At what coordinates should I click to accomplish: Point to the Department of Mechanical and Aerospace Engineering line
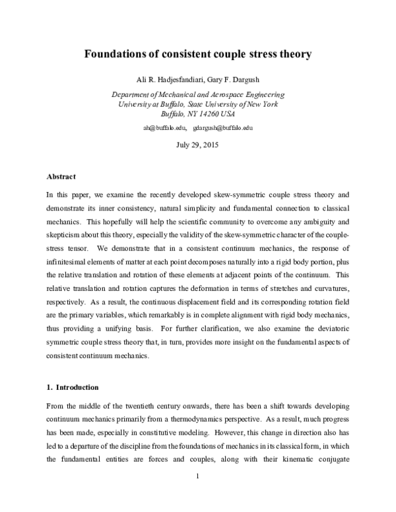(x=197, y=95)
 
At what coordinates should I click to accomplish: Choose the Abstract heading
(x=61, y=177)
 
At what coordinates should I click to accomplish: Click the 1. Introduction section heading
(x=73, y=387)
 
